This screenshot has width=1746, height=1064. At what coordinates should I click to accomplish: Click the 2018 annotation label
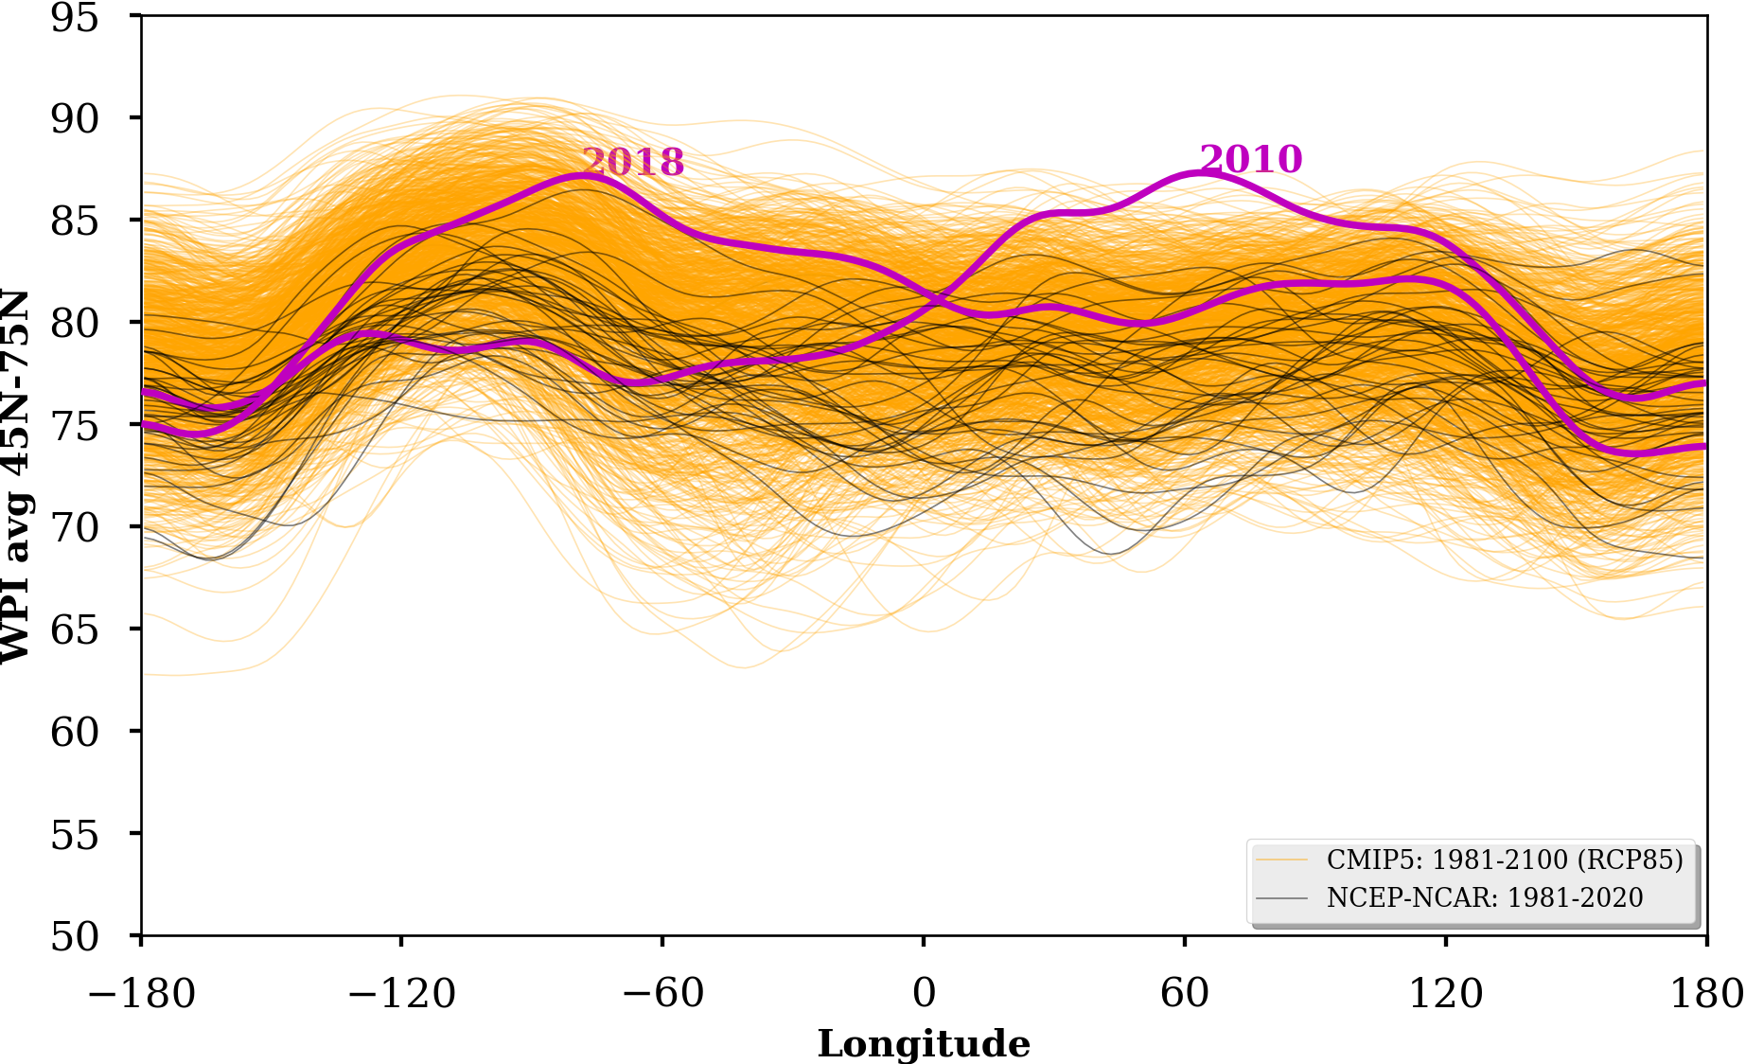[632, 163]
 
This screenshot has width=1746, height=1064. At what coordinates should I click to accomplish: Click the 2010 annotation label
[1251, 159]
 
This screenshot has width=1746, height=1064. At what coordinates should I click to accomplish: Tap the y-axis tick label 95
[74, 18]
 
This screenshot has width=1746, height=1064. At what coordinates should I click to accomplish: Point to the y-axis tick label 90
[74, 119]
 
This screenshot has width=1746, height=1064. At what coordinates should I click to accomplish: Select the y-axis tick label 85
[74, 222]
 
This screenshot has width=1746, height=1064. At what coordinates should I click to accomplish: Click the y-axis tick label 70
[74, 528]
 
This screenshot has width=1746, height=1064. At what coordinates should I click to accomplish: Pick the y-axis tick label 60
[74, 733]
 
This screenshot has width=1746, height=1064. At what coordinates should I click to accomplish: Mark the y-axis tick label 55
[74, 835]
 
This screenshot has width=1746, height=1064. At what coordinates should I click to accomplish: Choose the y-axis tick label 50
[74, 937]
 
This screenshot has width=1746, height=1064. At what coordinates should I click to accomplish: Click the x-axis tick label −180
[142, 994]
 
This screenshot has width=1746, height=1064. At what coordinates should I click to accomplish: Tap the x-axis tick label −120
[402, 994]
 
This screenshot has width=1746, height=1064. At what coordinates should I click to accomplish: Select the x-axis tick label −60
[662, 994]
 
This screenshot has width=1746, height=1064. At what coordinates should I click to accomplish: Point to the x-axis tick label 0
[924, 994]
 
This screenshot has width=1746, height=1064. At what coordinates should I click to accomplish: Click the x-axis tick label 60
[1185, 994]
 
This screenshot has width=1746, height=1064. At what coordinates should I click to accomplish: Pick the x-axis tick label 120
[1446, 994]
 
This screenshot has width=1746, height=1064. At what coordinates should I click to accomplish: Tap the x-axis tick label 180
[1707, 994]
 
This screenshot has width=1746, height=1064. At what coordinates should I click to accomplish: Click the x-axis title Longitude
[924, 1044]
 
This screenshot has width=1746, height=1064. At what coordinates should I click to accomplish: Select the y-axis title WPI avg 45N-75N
[16, 476]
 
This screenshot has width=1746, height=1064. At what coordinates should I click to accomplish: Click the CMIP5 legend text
[1505, 860]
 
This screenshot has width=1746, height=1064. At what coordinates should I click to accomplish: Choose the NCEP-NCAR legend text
[1485, 897]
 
